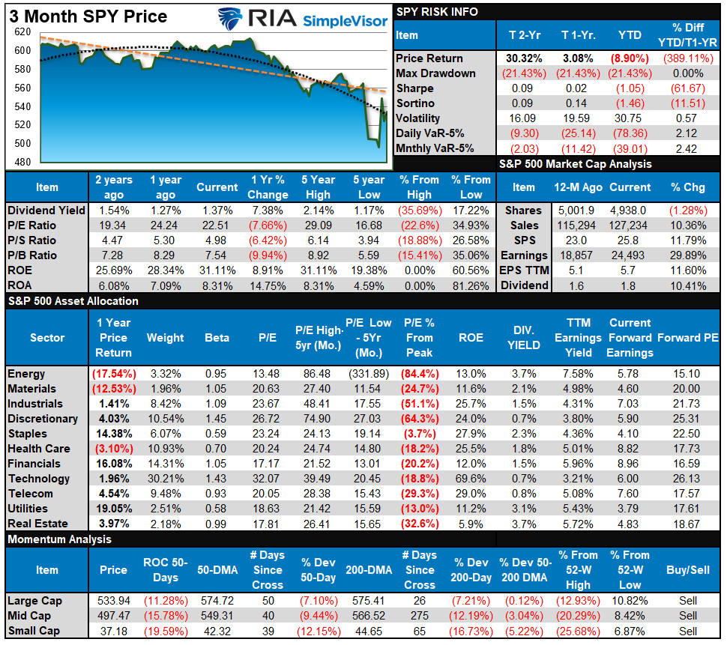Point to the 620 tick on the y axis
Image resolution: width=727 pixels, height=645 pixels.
tap(22, 32)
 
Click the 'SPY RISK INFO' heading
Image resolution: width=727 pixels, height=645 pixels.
tap(436, 12)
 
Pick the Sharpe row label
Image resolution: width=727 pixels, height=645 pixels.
tap(414, 88)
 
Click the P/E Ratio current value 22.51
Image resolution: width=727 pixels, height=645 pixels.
tap(217, 225)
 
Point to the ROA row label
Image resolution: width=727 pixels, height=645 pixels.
tap(20, 285)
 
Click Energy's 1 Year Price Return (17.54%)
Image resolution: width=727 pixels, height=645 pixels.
tap(113, 374)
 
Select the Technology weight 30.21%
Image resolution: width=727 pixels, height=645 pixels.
tap(166, 479)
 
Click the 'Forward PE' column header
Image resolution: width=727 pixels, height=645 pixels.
tap(688, 338)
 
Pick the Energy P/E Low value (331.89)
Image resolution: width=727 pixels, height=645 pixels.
tap(369, 374)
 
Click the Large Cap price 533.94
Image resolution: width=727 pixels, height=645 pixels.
tap(113, 601)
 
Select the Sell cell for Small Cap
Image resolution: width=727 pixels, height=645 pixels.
tap(688, 631)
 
